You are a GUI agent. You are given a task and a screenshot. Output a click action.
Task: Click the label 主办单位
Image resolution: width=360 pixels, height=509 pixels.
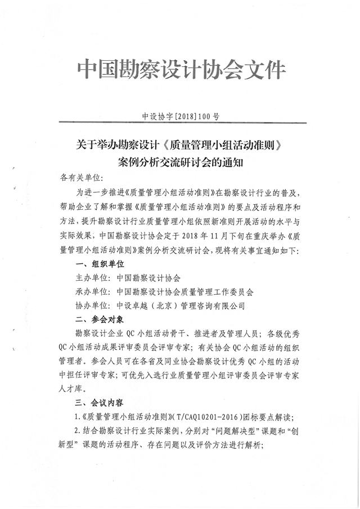click(92, 278)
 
